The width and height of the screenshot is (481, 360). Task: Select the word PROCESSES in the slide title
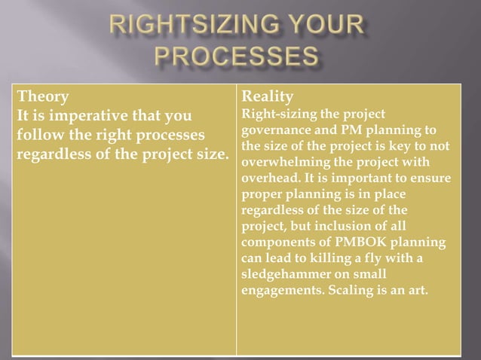click(x=240, y=58)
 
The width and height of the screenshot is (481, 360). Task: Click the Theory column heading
click(x=43, y=97)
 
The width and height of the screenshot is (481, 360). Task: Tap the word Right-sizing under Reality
click(x=274, y=114)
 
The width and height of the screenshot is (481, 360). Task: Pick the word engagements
click(x=280, y=291)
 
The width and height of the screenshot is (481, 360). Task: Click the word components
click(x=276, y=243)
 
